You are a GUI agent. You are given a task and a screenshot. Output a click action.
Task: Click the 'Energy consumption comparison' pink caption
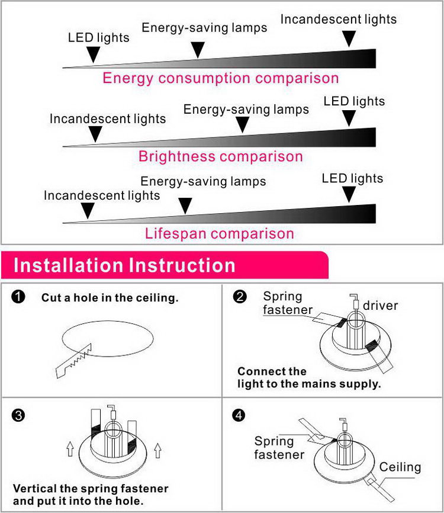(220, 78)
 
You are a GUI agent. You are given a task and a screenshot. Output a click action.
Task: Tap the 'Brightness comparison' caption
(220, 157)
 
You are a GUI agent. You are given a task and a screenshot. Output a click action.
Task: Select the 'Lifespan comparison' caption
(219, 233)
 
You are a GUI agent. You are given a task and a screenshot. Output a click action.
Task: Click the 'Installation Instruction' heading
(124, 265)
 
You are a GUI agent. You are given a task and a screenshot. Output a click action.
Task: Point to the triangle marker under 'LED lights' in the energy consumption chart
(92, 55)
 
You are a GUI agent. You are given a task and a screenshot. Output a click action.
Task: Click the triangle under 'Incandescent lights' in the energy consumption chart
(349, 39)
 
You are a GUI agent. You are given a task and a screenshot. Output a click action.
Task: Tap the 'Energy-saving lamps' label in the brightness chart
(246, 110)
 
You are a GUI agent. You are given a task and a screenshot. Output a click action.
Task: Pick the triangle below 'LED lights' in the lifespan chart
(350, 194)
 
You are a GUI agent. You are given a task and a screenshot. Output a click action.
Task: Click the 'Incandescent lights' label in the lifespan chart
(102, 195)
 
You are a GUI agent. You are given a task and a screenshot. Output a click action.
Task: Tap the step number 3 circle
(18, 415)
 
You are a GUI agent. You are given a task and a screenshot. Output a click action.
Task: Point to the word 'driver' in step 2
(380, 306)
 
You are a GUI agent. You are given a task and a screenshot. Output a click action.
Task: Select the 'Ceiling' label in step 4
(400, 467)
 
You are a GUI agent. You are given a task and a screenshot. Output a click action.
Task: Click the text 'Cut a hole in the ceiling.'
(110, 298)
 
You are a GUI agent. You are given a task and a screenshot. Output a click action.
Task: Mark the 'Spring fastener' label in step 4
(279, 448)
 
